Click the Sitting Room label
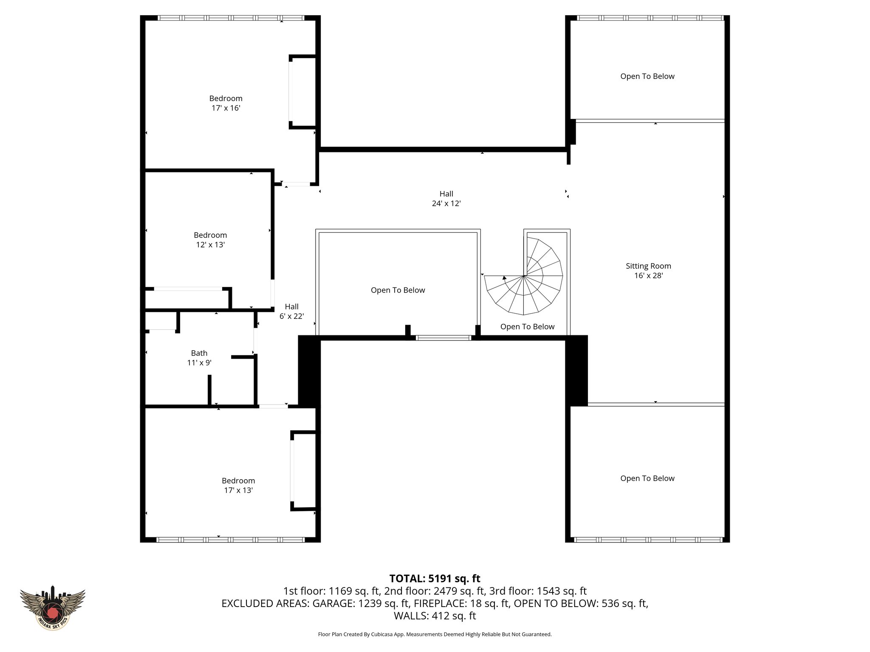[x=648, y=266]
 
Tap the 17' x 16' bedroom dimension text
[x=226, y=108]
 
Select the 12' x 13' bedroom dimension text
[x=210, y=245]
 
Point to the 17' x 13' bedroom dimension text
[x=238, y=490]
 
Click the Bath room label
[x=199, y=353]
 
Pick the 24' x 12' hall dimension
[x=446, y=204]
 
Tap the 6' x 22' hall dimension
[x=291, y=316]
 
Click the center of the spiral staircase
[x=524, y=276]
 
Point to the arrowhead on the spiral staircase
[x=504, y=278]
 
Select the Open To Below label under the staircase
[x=527, y=327]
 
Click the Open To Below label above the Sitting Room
[x=647, y=76]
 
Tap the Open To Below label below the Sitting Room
[x=647, y=478]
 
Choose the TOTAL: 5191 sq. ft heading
[x=435, y=579]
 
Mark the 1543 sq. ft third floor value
[x=561, y=591]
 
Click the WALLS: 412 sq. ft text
[x=435, y=616]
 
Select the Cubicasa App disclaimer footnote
[x=435, y=635]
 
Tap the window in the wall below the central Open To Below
[x=443, y=338]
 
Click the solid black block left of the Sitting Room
[x=577, y=370]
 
